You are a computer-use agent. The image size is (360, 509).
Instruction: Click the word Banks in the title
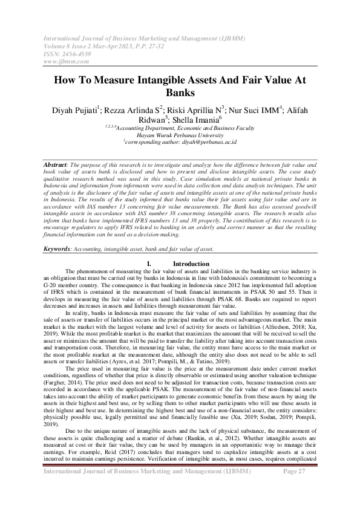[180, 94]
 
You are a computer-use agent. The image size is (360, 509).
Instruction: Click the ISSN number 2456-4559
[76, 53]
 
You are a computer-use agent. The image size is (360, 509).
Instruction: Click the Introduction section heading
[191, 264]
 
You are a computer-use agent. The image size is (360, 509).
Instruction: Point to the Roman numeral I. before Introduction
[149, 264]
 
